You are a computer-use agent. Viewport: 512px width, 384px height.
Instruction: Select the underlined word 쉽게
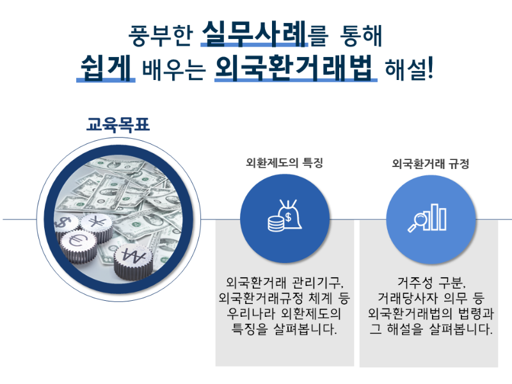(106, 67)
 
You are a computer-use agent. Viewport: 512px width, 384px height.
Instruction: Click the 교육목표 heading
(118, 124)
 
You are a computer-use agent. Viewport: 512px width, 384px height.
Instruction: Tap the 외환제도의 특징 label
(284, 163)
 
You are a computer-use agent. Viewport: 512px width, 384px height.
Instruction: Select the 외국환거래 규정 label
(431, 163)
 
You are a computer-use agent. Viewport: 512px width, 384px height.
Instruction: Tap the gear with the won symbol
(134, 257)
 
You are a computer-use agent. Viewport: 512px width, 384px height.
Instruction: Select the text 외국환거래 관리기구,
(285, 282)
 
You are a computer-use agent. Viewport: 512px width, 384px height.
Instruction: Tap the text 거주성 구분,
(431, 282)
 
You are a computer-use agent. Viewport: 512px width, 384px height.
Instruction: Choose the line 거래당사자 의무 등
(431, 298)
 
